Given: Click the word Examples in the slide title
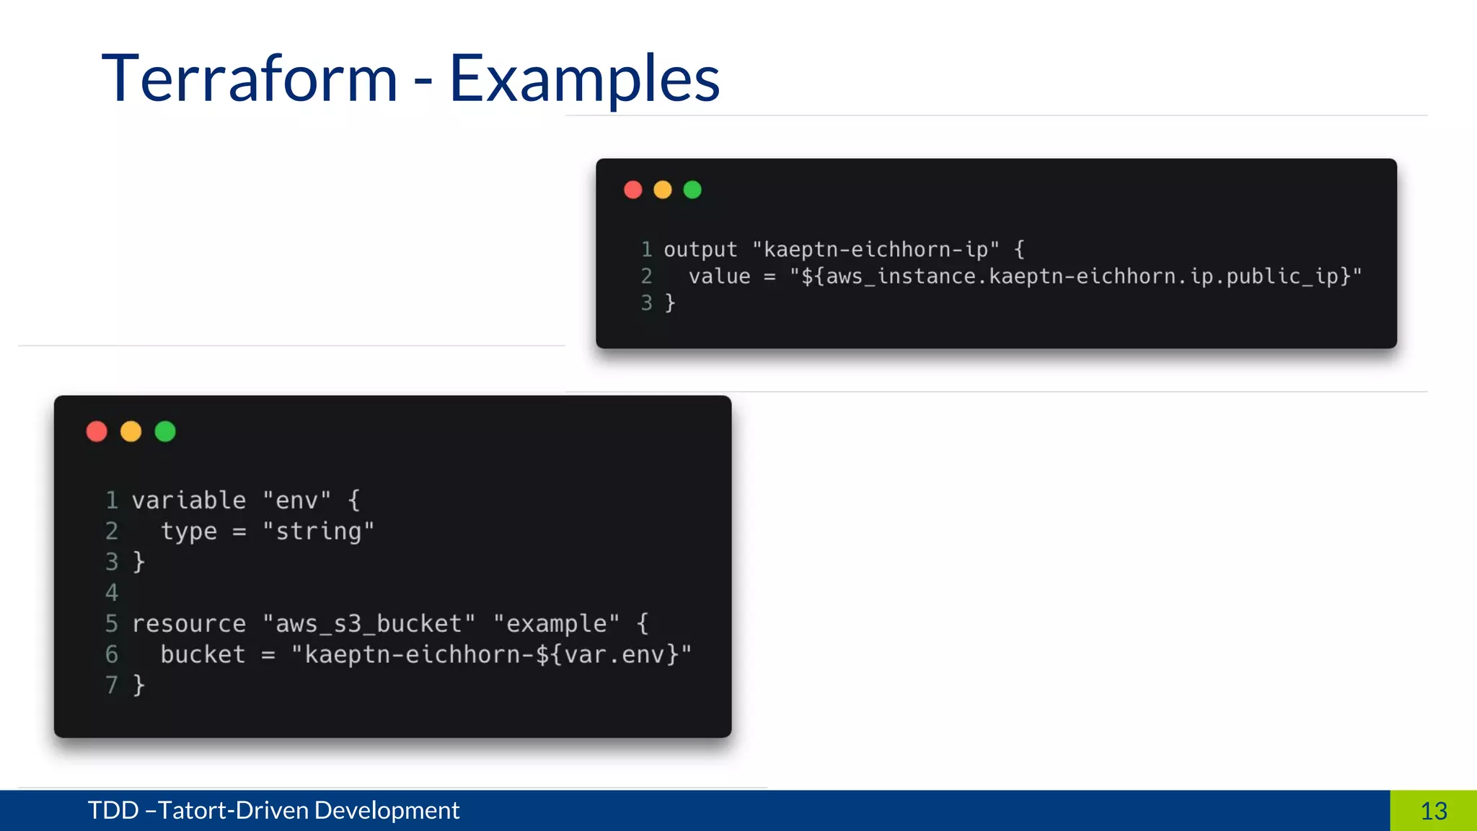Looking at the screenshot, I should [x=584, y=79].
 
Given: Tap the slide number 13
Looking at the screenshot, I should [x=1434, y=811].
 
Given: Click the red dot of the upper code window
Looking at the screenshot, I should [x=633, y=190].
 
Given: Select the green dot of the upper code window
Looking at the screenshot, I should [x=692, y=190].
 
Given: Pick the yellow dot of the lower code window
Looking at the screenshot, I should [x=131, y=431].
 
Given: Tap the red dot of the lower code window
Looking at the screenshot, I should [x=97, y=431].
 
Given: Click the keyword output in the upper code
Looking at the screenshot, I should [x=700, y=250].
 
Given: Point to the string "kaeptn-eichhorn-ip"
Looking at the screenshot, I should [x=876, y=250].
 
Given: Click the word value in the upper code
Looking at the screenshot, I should [x=719, y=276].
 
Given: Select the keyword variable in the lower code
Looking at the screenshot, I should [x=189, y=500].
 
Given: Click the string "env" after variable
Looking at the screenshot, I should [x=296, y=500].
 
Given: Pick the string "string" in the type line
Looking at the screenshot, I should [x=318, y=532].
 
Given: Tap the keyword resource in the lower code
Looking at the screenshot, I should [x=189, y=623].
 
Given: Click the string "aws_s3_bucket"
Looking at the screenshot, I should [x=369, y=623].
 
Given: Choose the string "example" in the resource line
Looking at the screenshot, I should [x=556, y=623].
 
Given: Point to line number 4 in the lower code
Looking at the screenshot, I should [x=112, y=593].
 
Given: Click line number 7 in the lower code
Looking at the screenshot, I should [x=112, y=685].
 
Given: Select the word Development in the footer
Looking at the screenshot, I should [x=387, y=811].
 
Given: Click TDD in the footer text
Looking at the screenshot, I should [x=113, y=811].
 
